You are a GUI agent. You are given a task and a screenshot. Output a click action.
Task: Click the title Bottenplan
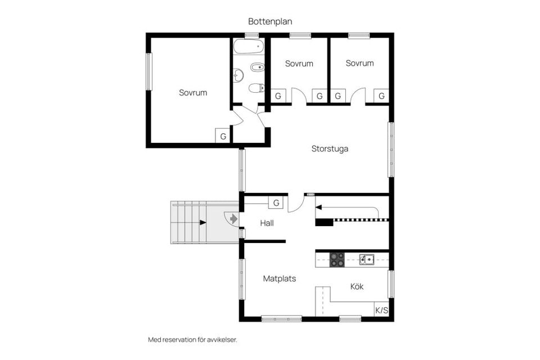tap(270, 21)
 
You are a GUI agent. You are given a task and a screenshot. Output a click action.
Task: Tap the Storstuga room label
tap(330, 149)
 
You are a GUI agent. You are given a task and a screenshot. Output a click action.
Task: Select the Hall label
tap(267, 223)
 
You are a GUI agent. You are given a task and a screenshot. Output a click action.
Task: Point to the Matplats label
tap(280, 278)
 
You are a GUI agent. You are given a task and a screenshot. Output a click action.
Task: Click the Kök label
tap(357, 286)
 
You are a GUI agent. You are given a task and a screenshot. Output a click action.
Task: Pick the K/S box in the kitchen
tap(381, 310)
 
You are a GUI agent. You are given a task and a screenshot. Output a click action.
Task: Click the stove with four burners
tap(337, 260)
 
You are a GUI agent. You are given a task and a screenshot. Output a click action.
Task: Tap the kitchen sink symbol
tap(367, 259)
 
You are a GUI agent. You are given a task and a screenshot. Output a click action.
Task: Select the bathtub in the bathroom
tap(249, 46)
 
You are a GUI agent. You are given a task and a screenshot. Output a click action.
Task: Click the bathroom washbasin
tap(238, 75)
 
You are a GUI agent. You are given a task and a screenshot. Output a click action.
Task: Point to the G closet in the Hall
tap(276, 203)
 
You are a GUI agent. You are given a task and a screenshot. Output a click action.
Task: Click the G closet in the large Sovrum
tap(223, 136)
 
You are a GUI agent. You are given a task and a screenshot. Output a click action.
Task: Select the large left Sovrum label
tap(193, 93)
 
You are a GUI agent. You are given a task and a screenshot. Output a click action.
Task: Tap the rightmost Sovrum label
tap(359, 63)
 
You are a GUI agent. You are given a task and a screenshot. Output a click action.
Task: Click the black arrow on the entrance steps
tap(203, 223)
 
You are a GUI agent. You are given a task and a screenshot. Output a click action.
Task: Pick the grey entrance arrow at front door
tap(233, 218)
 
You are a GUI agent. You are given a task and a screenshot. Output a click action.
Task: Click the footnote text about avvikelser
tap(192, 340)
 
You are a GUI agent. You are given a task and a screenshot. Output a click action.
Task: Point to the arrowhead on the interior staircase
tap(318, 208)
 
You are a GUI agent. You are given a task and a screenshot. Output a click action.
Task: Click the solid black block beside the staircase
tap(325, 223)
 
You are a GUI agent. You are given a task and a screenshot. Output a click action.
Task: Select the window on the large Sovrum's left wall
tap(148, 71)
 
